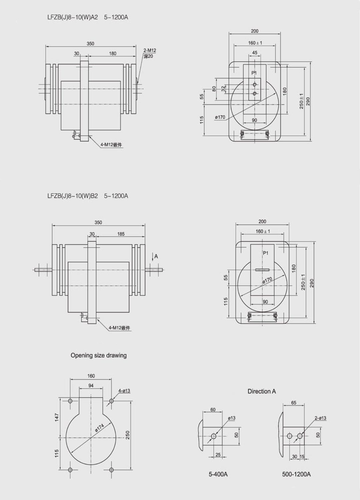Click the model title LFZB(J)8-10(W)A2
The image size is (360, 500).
(x=73, y=18)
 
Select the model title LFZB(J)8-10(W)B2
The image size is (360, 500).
(x=73, y=196)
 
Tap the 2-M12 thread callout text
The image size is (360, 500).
(x=150, y=51)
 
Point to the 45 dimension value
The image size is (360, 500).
(x=255, y=53)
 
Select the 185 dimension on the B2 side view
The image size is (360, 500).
(x=121, y=234)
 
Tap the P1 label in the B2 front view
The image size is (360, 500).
(x=265, y=253)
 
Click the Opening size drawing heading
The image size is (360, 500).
(x=98, y=355)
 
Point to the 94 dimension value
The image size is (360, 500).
(x=91, y=385)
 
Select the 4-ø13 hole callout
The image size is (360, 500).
(x=124, y=391)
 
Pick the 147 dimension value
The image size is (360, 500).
(x=57, y=417)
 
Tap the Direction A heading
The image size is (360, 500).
(x=262, y=391)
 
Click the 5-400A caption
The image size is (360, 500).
(x=218, y=474)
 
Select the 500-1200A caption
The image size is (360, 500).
(x=296, y=474)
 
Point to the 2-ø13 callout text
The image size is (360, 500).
(x=320, y=418)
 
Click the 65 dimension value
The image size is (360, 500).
(x=294, y=403)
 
